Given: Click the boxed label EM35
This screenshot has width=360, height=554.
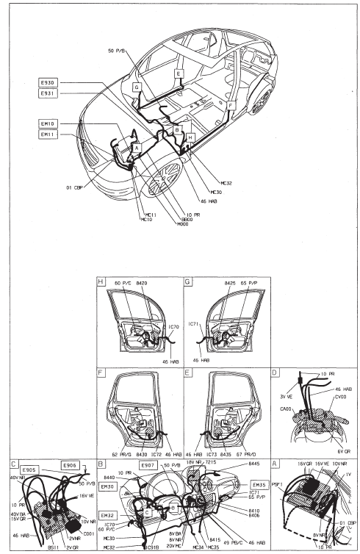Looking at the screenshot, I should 259,485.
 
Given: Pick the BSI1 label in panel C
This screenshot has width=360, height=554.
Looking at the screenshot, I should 53,547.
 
